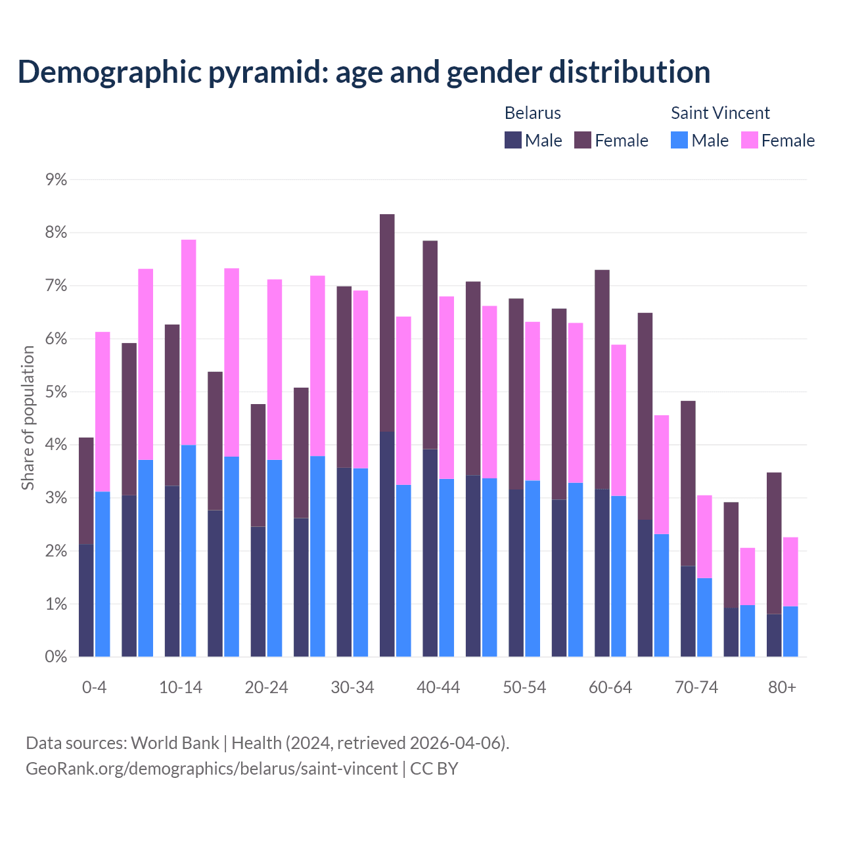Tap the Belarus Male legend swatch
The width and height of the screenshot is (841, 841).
coord(513,140)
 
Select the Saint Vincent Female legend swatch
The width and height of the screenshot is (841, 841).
coord(749,140)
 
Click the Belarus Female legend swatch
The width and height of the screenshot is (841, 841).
coord(583,140)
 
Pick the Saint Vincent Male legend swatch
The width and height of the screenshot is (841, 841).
coord(679,140)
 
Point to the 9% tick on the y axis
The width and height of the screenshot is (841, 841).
coord(56,179)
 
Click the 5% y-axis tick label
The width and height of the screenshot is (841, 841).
coord(56,392)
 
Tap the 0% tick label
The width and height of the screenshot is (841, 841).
coord(56,656)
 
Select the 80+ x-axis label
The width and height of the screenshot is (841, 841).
coord(782,687)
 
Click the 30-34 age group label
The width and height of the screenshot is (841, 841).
coord(352,687)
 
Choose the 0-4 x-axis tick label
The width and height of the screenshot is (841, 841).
coord(94,687)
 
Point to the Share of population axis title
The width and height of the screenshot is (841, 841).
coord(28,418)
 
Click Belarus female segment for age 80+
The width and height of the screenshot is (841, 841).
coord(774,543)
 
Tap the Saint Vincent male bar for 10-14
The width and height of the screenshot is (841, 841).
coord(189,551)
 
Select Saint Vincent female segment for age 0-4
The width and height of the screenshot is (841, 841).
coord(102,411)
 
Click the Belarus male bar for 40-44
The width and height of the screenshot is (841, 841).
coord(430,553)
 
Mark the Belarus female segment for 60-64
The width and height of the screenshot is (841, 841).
coord(602,379)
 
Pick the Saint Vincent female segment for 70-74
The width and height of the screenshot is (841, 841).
coord(704,536)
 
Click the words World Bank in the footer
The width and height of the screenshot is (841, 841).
coord(175,743)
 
